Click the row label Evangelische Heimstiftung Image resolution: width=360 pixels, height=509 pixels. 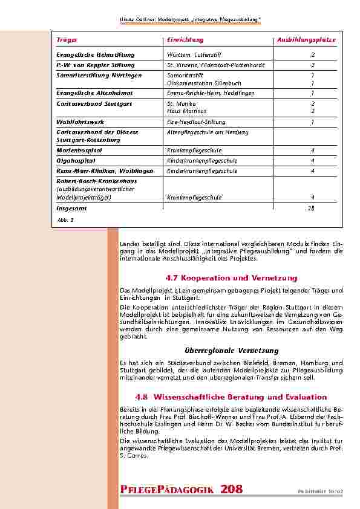[95, 54]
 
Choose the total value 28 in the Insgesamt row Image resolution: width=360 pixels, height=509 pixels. [312, 208]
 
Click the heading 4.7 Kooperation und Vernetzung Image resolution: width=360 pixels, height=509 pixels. [231, 278]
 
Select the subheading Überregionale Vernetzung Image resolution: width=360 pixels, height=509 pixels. [231, 351]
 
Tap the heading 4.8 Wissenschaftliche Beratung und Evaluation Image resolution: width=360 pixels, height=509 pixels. [231, 397]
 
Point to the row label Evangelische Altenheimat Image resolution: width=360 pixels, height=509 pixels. [94, 93]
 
